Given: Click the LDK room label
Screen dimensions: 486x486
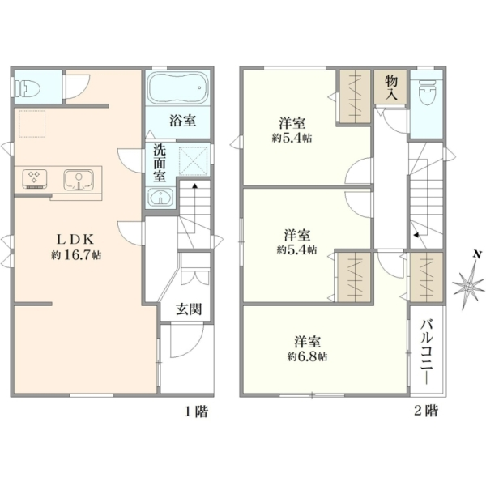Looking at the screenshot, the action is [x=75, y=239].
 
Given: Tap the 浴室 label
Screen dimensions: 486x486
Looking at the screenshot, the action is [x=183, y=120].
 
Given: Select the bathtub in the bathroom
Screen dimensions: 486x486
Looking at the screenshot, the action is [x=177, y=88].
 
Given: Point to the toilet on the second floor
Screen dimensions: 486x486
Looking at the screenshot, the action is [x=427, y=92].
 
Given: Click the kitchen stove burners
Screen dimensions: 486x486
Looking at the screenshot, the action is [x=35, y=178].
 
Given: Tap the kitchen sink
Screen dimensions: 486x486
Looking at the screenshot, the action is [x=79, y=180].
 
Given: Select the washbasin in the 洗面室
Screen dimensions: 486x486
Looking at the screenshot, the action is [x=160, y=197].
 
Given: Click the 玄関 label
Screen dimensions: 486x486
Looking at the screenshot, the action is [x=189, y=309].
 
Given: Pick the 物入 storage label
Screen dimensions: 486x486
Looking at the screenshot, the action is [x=391, y=87].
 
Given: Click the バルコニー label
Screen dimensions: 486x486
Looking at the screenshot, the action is [x=427, y=352].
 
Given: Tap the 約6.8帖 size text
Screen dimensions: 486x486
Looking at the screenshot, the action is [x=307, y=356].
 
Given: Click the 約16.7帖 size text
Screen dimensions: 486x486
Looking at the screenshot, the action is [x=76, y=255].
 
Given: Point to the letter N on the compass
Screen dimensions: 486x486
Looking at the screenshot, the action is [x=477, y=255].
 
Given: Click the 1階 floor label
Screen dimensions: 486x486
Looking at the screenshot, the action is [x=197, y=411].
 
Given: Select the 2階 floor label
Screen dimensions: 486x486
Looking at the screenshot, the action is [x=427, y=411].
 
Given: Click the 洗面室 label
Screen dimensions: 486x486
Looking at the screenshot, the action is [x=160, y=164].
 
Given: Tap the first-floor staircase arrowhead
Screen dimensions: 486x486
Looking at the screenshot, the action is [x=195, y=185].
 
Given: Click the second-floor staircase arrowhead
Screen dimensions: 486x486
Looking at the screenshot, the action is [x=417, y=235].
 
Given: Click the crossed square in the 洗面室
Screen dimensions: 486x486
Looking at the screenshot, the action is [x=193, y=160].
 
